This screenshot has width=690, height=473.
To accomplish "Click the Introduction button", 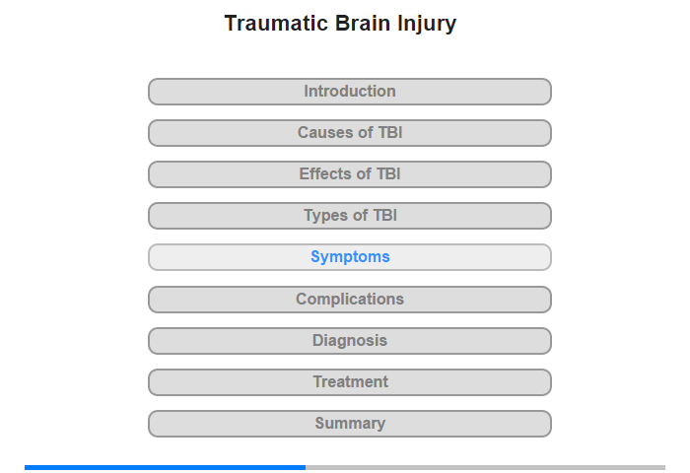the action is point(349,92).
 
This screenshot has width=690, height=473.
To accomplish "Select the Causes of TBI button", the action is point(349,133).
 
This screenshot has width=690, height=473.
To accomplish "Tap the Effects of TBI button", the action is point(349,174).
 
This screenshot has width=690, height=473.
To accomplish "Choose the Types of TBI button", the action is point(349,216).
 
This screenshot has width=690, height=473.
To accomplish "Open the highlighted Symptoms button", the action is point(349,257).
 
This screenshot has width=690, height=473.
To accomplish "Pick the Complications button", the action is point(349,300).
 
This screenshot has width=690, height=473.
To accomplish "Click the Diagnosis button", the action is point(349,341).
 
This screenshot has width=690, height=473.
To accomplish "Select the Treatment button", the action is point(349,382).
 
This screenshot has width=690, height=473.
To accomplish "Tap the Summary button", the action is point(349,424).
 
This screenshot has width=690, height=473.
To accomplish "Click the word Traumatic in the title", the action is point(276,23).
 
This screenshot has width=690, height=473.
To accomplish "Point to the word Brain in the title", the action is point(363,23).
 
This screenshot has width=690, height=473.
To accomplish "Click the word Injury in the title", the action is point(427,25).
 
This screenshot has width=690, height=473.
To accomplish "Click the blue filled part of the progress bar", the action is point(165,467).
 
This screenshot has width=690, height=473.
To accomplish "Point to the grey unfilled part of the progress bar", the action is point(485,467).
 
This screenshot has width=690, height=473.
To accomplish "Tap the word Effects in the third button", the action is point(324,173).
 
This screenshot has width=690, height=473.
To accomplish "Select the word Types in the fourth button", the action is point(325,216).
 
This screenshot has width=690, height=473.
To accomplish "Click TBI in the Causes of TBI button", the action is point(390,132).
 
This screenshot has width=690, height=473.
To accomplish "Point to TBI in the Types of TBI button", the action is point(384,215).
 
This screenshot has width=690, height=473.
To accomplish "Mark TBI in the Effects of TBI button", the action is point(388,173).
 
